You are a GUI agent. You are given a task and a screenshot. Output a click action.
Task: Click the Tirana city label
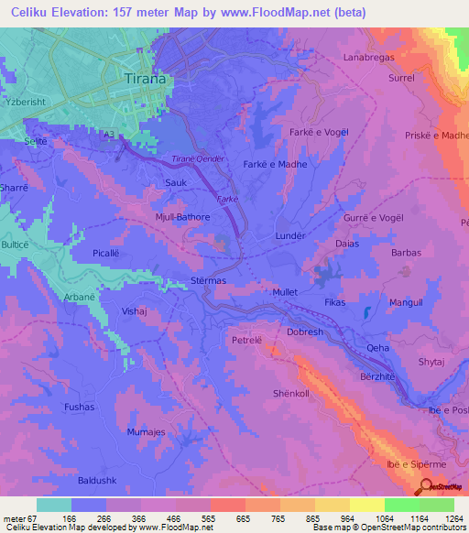coord(145,79)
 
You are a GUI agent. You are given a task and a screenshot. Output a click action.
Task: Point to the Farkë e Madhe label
coord(275,164)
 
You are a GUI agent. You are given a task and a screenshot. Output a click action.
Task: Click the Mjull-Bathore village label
coord(183,217)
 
